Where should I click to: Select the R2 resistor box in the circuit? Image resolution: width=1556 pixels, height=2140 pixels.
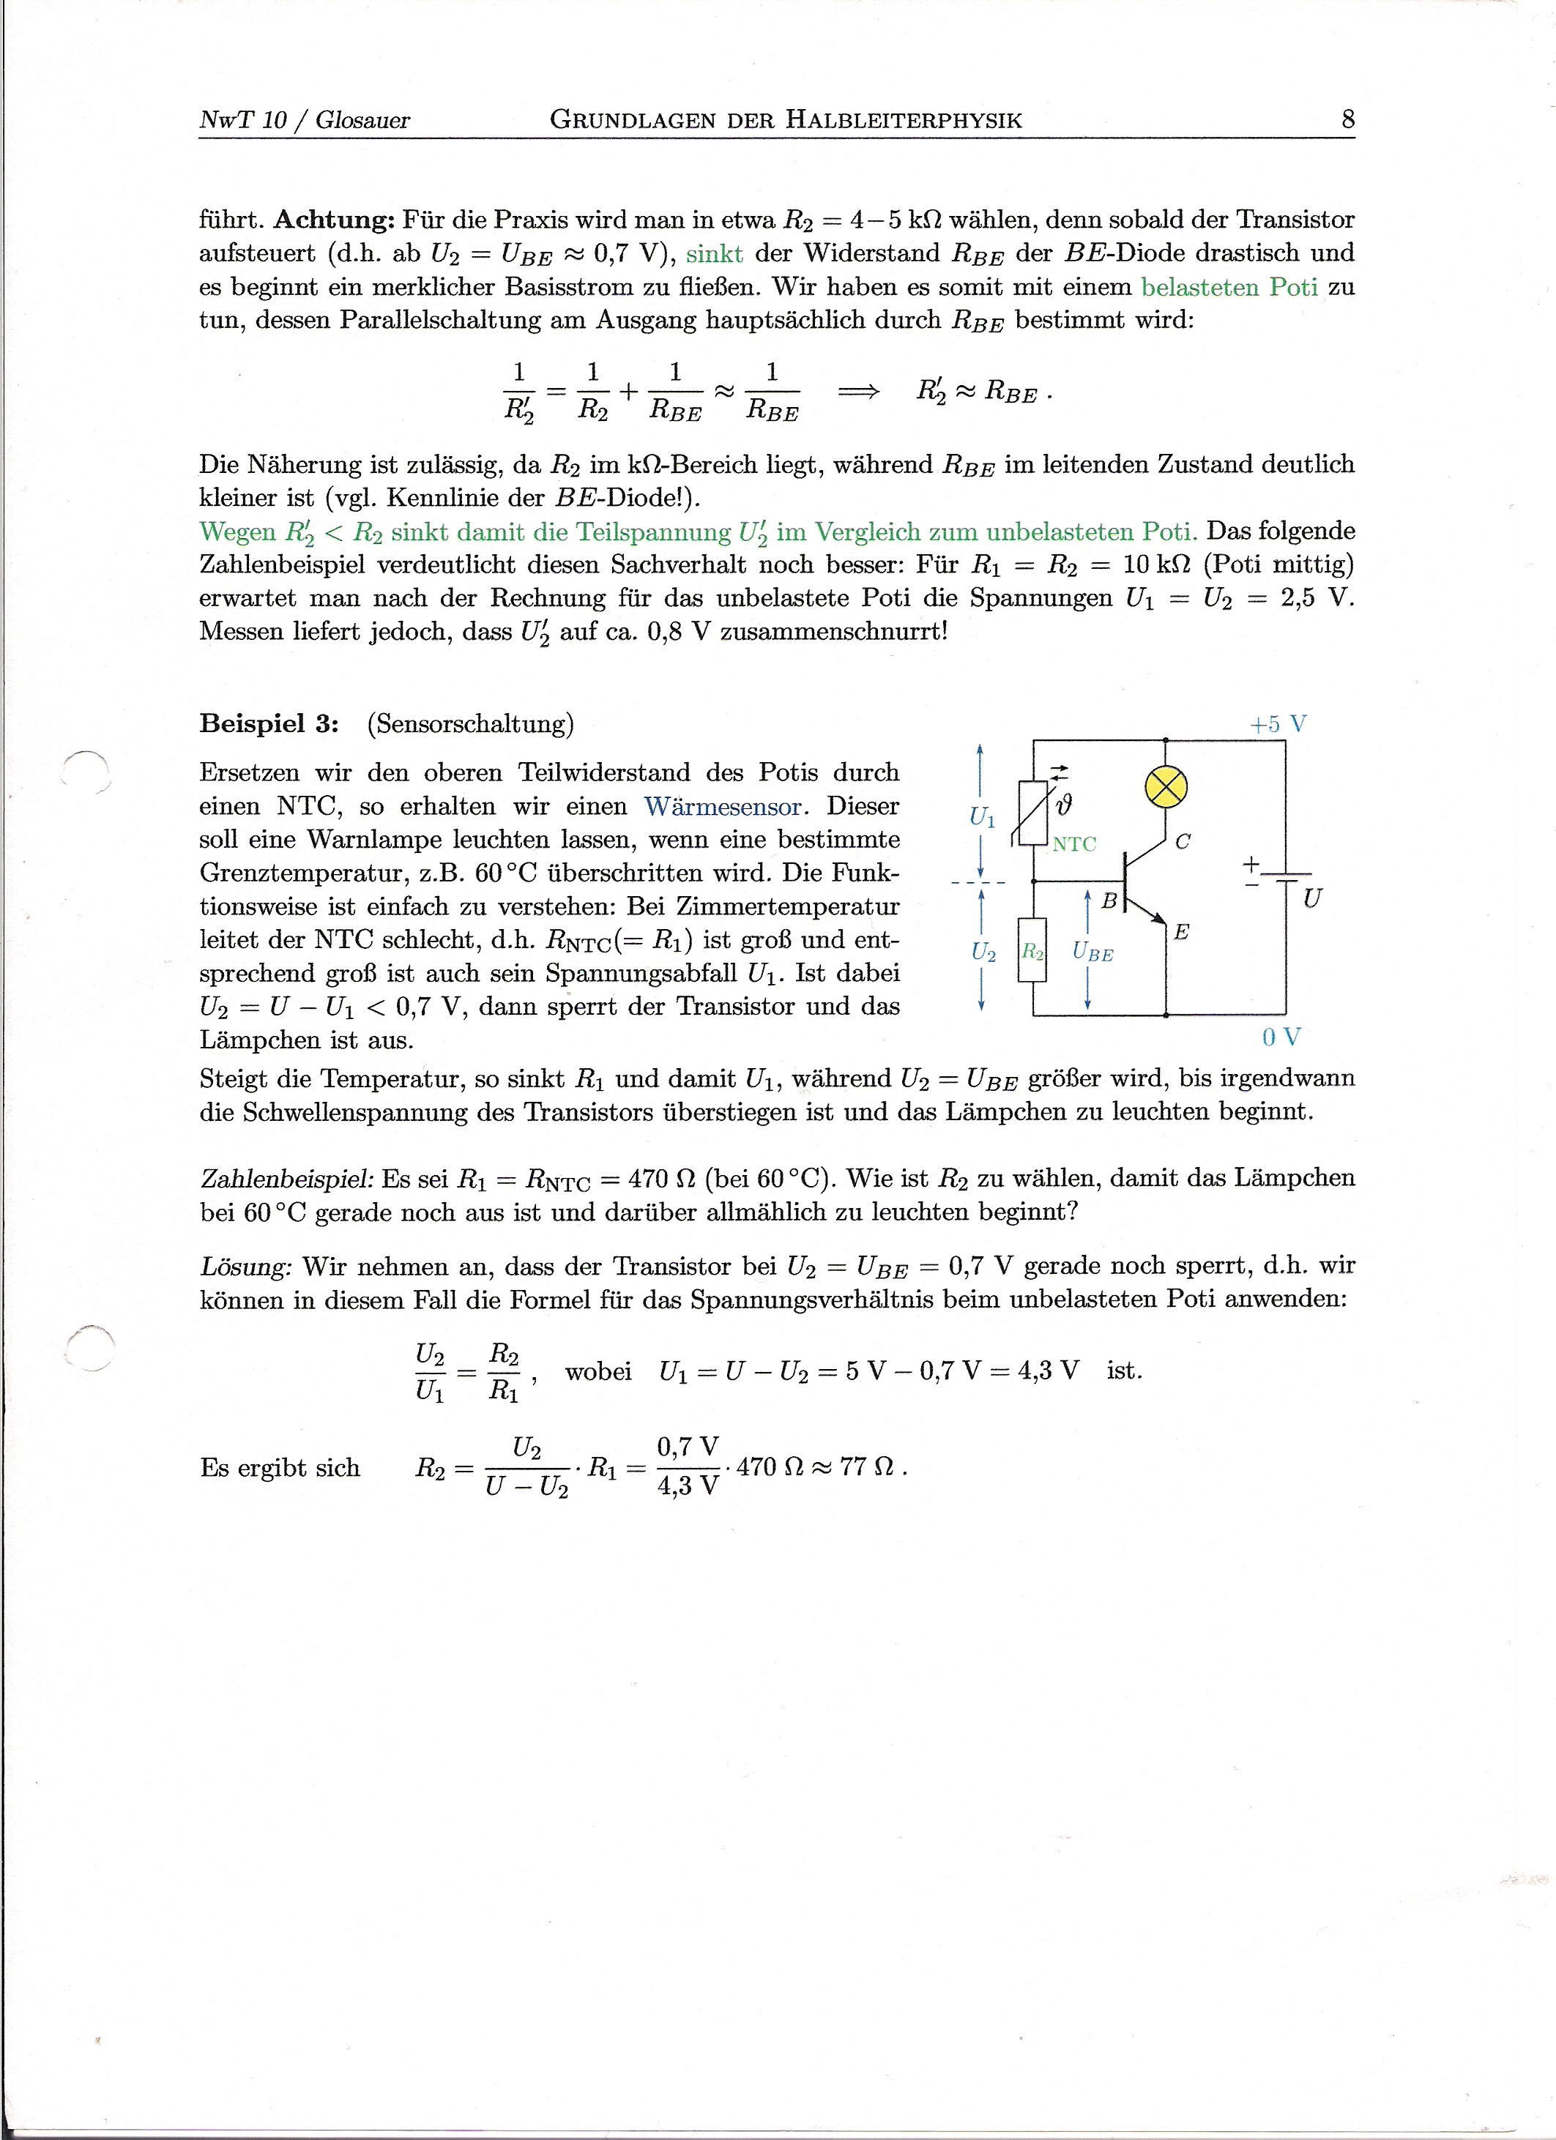coord(1032,951)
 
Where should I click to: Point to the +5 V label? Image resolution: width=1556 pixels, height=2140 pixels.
coord(1278,724)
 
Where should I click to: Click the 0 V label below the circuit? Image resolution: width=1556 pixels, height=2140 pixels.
coord(1281,1037)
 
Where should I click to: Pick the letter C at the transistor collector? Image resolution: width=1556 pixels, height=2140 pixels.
coord(1183,842)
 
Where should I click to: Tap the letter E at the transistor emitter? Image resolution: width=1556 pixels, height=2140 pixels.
coord(1181,932)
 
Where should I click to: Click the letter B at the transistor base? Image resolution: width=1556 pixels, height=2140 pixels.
coord(1109,902)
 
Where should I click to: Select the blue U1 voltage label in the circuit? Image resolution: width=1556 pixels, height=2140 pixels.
coord(982,817)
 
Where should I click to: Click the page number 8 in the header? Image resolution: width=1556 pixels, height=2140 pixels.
coord(1347,120)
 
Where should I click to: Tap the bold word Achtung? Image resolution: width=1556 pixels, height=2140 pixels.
coord(334,220)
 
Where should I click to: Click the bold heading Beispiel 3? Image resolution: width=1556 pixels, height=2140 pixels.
coord(269,724)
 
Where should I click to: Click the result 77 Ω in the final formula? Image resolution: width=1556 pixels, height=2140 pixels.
coord(866,1467)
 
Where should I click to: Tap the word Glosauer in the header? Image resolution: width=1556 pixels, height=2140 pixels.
coord(362,120)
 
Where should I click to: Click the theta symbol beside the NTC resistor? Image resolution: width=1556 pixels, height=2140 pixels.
coord(1063,804)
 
